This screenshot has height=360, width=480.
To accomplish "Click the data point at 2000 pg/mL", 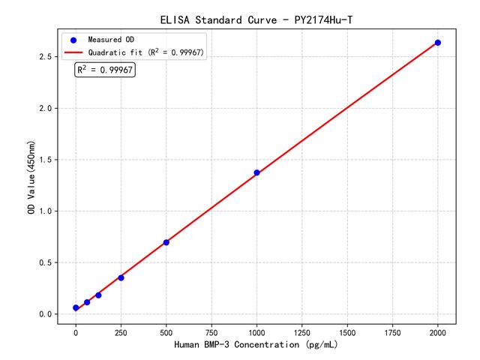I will [x=438, y=43].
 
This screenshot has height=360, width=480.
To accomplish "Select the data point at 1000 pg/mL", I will [x=256, y=172].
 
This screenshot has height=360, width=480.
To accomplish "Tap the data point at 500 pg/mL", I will [x=166, y=242].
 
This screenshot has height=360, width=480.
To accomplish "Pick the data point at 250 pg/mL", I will [x=121, y=277].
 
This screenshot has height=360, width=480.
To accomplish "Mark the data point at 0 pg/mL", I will [x=76, y=307].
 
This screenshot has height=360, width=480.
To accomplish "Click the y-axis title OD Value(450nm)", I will [x=31, y=177].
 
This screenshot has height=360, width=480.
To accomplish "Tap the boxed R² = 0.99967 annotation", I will [x=105, y=70].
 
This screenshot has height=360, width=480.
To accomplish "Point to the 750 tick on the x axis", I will [x=211, y=332].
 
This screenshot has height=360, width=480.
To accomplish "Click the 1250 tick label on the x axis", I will [x=302, y=332].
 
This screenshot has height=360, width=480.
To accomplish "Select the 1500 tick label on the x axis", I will [x=347, y=332].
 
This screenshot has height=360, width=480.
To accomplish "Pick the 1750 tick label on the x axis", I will [x=393, y=332].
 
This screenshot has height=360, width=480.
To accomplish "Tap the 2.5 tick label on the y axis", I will [x=46, y=57].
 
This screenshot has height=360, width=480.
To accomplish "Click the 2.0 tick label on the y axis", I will [x=46, y=109].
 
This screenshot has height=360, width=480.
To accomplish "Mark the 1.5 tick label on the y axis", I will [x=46, y=160].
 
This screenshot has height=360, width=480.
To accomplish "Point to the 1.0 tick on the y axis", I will [x=46, y=211].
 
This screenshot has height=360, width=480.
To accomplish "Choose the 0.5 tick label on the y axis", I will [x=46, y=262].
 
